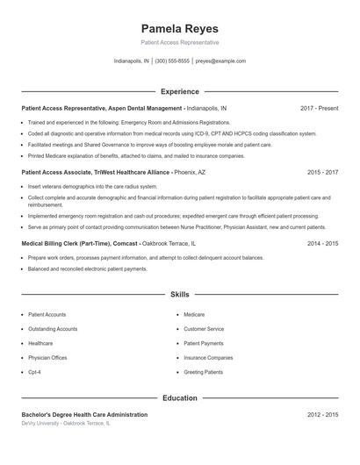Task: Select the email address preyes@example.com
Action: [220, 61]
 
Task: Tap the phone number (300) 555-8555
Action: [173, 61]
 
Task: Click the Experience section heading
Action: [179, 91]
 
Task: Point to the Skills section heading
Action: [179, 296]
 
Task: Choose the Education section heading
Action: [179, 397]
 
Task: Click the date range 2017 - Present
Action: [319, 108]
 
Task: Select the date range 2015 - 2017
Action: [322, 173]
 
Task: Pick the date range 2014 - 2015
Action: [322, 243]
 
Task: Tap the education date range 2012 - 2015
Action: [322, 414]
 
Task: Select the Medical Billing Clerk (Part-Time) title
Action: [67, 243]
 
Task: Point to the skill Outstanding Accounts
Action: [53, 329]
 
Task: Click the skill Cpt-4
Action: [34, 372]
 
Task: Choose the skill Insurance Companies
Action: [208, 358]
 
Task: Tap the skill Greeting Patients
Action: [204, 372]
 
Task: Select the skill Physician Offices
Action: [47, 358]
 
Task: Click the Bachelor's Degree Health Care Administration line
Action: [84, 414]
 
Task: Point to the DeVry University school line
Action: [66, 423]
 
